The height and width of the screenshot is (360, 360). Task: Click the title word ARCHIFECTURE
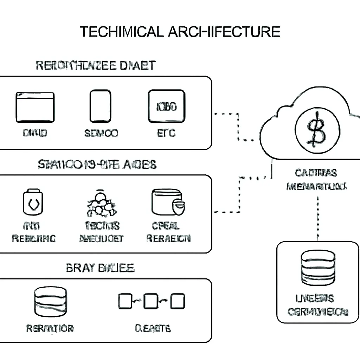click(x=224, y=32)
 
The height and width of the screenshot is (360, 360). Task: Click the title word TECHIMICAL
click(x=121, y=32)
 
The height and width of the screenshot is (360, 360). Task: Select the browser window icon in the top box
click(x=35, y=107)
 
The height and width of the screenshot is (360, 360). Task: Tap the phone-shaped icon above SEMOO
click(x=100, y=106)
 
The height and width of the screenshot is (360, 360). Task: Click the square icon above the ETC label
click(x=166, y=106)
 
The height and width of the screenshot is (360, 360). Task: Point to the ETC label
click(x=166, y=133)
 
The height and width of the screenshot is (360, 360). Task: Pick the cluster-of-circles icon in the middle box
click(x=101, y=204)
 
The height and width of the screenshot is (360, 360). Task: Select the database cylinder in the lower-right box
click(x=319, y=269)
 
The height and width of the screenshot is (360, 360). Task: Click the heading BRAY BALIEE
click(x=100, y=268)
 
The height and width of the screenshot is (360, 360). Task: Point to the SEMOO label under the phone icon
click(x=101, y=133)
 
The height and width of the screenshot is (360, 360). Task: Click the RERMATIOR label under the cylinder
click(x=50, y=328)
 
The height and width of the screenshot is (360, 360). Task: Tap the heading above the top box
click(x=96, y=65)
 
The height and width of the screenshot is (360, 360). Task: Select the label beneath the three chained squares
click(x=153, y=328)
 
